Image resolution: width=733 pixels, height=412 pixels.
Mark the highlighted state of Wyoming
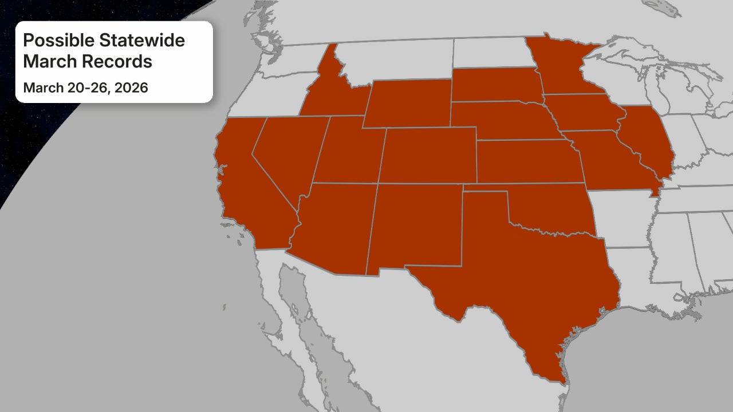(x=408, y=103)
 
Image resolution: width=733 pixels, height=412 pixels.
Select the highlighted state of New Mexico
(x=415, y=226)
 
